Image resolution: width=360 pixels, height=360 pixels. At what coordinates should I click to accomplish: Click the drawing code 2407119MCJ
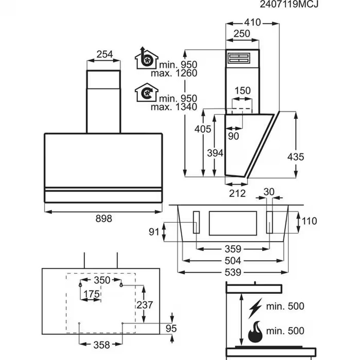point(290,5)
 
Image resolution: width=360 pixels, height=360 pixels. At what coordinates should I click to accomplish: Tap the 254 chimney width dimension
point(104,54)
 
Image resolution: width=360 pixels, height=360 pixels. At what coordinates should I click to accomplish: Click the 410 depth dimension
point(252,22)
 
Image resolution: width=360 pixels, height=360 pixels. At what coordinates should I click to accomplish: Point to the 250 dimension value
point(242,34)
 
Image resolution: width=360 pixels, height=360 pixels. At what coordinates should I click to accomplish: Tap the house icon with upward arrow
point(146,58)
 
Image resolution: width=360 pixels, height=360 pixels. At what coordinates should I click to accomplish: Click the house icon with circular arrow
point(145,93)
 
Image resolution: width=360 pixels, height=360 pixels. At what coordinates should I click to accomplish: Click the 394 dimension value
point(215,153)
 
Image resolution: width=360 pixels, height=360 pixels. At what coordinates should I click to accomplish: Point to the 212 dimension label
point(237,193)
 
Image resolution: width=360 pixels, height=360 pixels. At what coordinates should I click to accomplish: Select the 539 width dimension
point(233,272)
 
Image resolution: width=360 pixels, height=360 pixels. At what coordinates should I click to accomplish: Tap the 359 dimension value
point(233,249)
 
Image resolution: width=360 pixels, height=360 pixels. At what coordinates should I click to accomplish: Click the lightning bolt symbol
point(255,308)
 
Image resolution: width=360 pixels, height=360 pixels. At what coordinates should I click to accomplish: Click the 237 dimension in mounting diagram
point(145,305)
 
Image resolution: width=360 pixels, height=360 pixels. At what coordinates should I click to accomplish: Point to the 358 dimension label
point(101,344)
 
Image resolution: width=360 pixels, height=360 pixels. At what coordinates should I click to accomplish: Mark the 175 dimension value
point(91,294)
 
